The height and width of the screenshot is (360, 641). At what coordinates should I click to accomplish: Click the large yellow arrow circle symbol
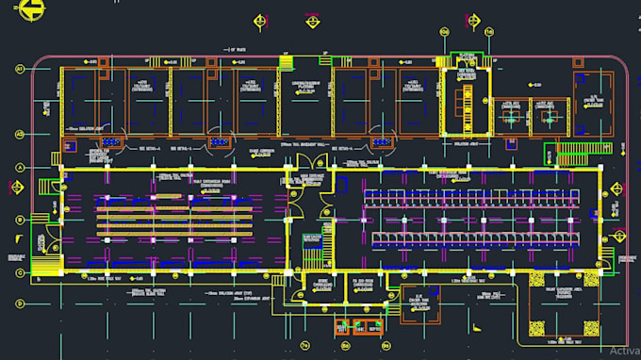click(x=32, y=9)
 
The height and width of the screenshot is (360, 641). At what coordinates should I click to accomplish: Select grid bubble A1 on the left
click(x=19, y=68)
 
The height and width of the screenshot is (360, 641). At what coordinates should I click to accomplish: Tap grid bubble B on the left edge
click(x=19, y=219)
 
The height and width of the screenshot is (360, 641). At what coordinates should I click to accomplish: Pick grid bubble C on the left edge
click(x=19, y=272)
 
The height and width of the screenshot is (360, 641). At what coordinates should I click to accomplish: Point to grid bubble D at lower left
click(x=19, y=303)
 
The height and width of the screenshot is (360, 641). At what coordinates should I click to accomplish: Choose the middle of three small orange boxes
click(x=359, y=327)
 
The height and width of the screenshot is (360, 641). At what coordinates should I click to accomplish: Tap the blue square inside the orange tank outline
click(x=419, y=305)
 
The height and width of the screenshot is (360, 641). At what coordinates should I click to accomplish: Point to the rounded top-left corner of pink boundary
click(x=40, y=62)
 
